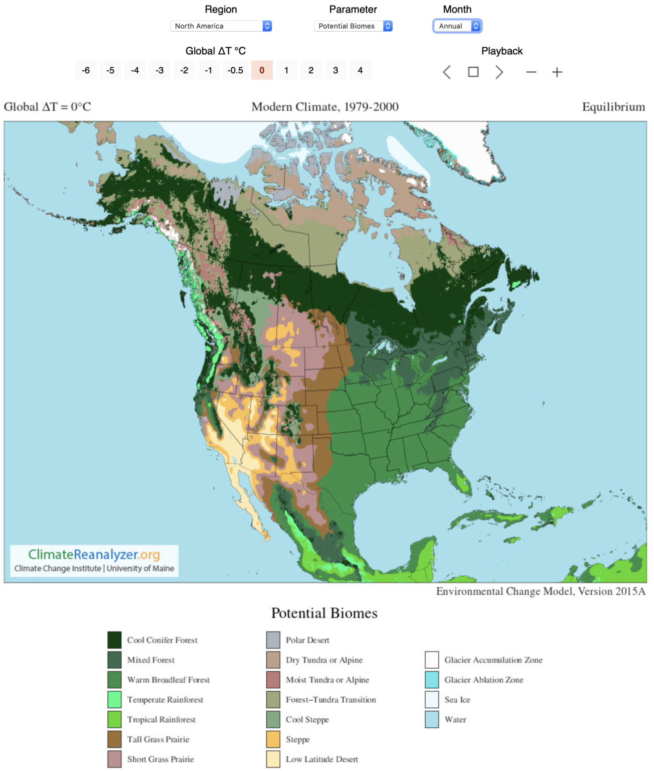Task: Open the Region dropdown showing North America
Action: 221,26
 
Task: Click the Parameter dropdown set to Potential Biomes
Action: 353,26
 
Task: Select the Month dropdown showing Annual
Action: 457,26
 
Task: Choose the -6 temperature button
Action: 86,70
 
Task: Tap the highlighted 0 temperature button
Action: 262,70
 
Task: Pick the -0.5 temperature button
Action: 235,70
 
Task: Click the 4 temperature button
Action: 360,70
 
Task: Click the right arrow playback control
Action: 499,72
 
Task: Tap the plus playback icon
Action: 557,72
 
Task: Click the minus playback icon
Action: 531,72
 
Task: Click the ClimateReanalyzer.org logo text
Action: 94,555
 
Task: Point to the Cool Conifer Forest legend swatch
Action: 114,640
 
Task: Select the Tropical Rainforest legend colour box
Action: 114,719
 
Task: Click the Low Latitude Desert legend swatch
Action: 273,759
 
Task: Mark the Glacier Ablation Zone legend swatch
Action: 432,680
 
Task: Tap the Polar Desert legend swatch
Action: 273,640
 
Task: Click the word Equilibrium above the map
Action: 613,107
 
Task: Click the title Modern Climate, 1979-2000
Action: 325,107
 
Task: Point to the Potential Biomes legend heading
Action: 324,613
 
